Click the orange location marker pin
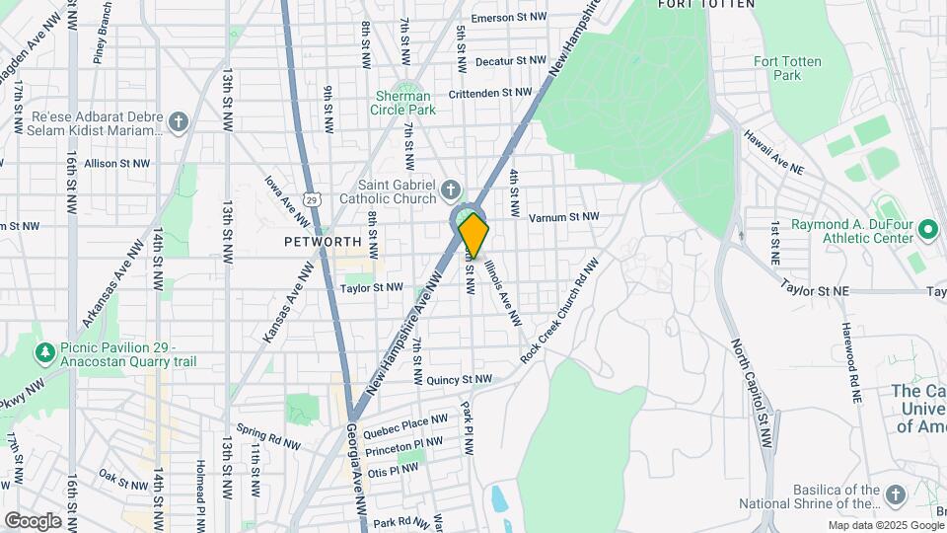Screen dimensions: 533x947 point(473,234)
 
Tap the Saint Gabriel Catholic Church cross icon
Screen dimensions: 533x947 point(451,188)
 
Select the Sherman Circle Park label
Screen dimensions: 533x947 point(402,103)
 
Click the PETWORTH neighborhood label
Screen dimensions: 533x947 point(323,241)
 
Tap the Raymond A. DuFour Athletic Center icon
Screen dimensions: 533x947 point(927,230)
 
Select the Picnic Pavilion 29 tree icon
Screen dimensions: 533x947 point(44,351)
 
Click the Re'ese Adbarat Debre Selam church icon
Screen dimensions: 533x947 point(178,122)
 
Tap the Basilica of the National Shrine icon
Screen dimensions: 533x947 point(895,495)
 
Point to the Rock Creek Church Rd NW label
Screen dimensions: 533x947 point(559,311)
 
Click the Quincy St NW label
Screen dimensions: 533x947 point(460,379)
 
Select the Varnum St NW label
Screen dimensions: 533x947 point(563,217)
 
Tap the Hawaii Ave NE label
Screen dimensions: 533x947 point(773,154)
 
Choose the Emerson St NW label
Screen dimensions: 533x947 point(507,18)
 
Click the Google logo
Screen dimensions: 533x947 point(33,520)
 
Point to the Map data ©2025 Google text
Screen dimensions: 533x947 point(885,525)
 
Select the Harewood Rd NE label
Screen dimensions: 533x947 point(850,361)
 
